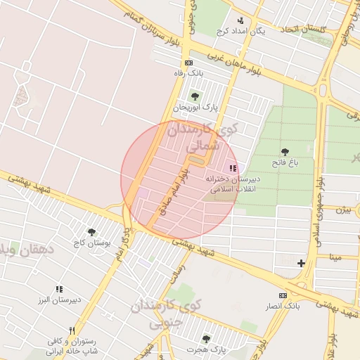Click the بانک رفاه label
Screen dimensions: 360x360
point(188,72)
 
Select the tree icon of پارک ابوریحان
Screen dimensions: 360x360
point(195,97)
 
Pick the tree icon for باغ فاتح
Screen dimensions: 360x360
point(285,152)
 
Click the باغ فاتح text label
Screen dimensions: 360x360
point(285,162)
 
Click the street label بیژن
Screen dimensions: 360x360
point(342,210)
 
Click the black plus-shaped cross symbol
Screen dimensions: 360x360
point(302,263)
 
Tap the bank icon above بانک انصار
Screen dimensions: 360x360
point(283,296)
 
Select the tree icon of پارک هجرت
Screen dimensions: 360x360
point(206,339)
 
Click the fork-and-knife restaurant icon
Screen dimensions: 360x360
point(72,330)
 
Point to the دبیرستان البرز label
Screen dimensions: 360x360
point(60,299)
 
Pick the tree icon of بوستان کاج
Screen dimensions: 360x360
point(91,232)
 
